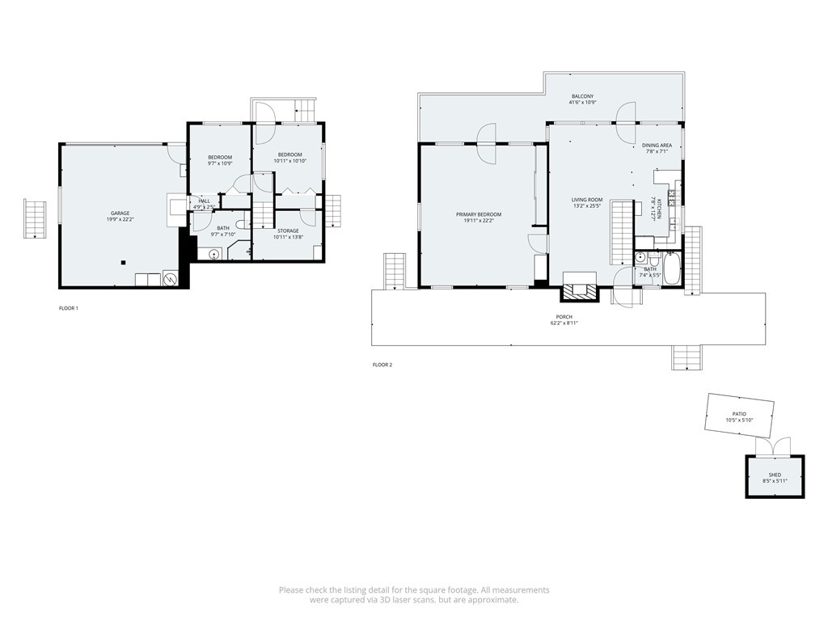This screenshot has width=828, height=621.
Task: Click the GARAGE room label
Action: (119, 213)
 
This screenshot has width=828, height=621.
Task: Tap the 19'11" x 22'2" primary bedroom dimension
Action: (479, 221)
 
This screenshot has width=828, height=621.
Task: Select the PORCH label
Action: (564, 316)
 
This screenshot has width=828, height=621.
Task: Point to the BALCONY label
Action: (581, 96)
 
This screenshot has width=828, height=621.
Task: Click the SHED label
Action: (775, 475)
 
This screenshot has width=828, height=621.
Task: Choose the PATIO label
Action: (739, 413)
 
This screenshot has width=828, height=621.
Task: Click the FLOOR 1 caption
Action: (69, 308)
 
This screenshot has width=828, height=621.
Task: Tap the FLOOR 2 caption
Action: (382, 365)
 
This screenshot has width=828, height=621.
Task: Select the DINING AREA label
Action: (657, 146)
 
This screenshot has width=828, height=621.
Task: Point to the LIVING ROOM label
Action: (587, 199)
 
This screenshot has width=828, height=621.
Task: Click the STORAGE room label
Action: (289, 230)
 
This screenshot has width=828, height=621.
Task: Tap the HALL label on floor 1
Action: (204, 201)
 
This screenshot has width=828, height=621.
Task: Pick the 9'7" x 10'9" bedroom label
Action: (219, 157)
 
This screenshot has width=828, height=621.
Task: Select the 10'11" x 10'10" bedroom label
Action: (289, 154)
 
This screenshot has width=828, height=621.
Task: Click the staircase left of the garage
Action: (36, 218)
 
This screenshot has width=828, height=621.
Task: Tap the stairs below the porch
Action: (686, 357)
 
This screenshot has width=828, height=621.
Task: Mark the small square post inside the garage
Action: (123, 262)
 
